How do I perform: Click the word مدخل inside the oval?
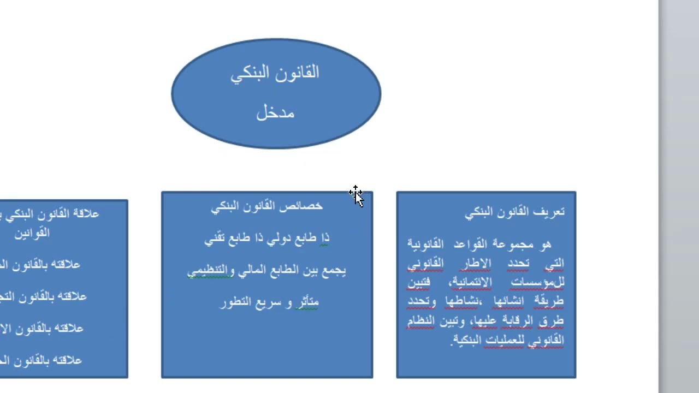275,113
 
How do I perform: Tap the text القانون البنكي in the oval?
275,73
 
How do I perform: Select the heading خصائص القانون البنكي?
266,206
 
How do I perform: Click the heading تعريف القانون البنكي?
514,212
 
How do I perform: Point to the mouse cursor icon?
356,195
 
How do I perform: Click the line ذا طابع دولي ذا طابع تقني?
266,238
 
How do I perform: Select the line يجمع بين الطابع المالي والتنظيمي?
266,270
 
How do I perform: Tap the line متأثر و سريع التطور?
269,302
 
